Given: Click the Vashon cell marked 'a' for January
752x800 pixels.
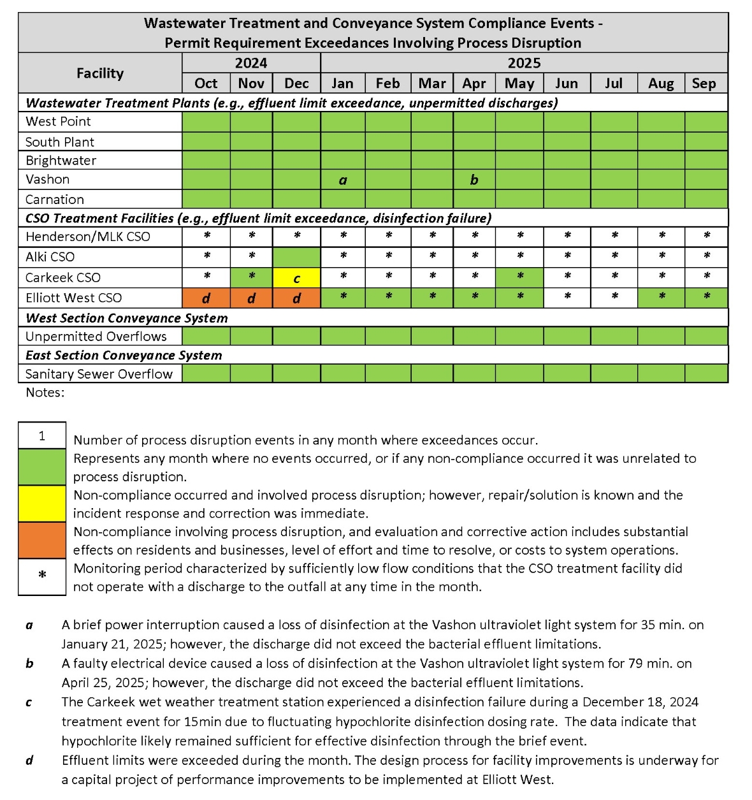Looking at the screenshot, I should pyautogui.click(x=343, y=180).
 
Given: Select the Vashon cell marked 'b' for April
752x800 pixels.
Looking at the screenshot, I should pyautogui.click(x=474, y=180).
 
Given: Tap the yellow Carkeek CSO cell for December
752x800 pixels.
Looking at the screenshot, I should pyautogui.click(x=296, y=278).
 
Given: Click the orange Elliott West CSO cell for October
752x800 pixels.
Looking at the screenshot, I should pyautogui.click(x=206, y=298).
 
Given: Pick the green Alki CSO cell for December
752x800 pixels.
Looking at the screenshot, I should pyautogui.click(x=296, y=258).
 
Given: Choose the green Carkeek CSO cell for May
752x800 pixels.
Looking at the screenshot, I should pyautogui.click(x=520, y=277).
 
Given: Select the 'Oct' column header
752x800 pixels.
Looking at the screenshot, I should pyautogui.click(x=206, y=84).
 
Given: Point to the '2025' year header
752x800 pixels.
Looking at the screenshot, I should pyautogui.click(x=524, y=63).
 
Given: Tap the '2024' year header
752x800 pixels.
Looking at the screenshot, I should pyautogui.click(x=251, y=63).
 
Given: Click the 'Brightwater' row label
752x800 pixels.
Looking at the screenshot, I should pyautogui.click(x=61, y=161).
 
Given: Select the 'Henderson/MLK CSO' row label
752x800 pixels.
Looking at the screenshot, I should pyautogui.click(x=88, y=237).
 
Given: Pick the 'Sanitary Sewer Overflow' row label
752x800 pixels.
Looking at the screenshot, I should pyautogui.click(x=99, y=374).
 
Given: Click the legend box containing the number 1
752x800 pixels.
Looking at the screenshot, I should pyautogui.click(x=42, y=436).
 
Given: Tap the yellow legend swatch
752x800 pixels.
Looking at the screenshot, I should pyautogui.click(x=42, y=504).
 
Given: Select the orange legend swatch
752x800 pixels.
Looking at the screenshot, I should pyautogui.click(x=42, y=541).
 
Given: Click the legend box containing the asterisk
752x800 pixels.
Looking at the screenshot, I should pyautogui.click(x=42, y=577).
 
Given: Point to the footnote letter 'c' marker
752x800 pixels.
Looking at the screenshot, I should pyautogui.click(x=29, y=702).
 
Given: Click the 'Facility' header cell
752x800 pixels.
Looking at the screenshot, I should pyautogui.click(x=100, y=73).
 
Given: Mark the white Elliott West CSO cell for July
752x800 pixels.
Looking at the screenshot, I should pyautogui.click(x=614, y=298).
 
